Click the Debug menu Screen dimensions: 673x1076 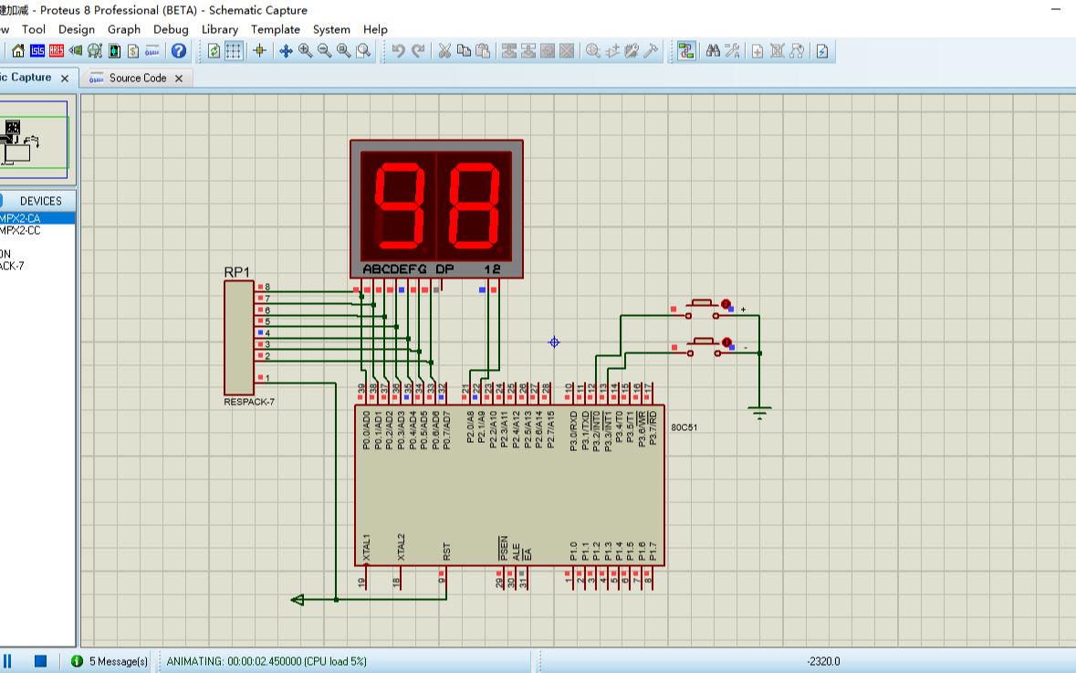[171, 29]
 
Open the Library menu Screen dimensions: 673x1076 [220, 29]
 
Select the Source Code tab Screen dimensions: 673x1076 [137, 79]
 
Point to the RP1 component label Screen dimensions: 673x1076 [236, 272]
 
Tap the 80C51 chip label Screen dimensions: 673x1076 [684, 427]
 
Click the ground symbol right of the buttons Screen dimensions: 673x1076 [759, 413]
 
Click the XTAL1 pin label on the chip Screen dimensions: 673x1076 [367, 548]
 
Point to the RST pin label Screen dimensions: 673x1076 [446, 552]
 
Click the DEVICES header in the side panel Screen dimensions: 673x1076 [41, 201]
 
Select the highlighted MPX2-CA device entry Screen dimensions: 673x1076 [22, 218]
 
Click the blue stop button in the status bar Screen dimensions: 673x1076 [40, 661]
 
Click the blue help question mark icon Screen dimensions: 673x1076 [179, 51]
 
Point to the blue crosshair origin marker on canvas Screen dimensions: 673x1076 [553, 342]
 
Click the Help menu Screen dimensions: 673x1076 [375, 29]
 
